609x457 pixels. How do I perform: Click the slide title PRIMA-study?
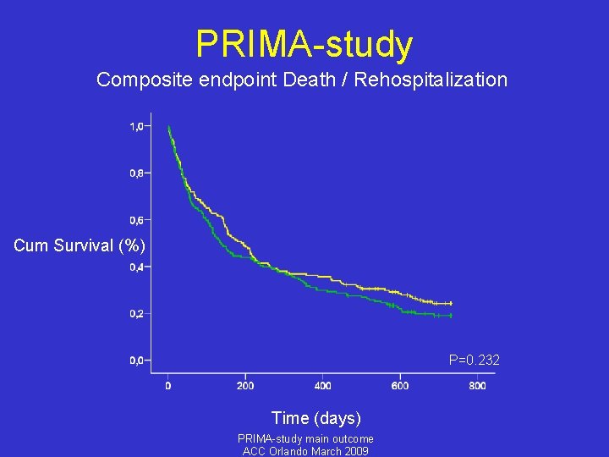[304, 44]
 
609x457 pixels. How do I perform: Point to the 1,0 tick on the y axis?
[136, 126]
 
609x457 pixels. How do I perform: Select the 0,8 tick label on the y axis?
[136, 173]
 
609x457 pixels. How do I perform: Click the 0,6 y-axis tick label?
[136, 220]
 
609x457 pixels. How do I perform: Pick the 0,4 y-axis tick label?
[136, 267]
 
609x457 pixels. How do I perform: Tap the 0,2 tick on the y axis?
[136, 313]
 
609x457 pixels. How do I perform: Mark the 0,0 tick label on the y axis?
[136, 361]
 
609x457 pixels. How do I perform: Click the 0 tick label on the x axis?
[167, 386]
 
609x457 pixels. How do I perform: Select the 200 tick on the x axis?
[244, 386]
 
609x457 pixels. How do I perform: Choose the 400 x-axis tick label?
[322, 386]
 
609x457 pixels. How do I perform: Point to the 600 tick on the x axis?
[400, 386]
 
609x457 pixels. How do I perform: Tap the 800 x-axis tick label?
[477, 386]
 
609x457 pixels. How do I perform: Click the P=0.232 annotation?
[474, 361]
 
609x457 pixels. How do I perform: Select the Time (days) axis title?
[315, 418]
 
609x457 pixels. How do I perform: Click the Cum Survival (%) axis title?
[80, 246]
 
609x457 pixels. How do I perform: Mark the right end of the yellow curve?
[451, 303]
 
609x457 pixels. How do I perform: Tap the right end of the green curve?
[451, 316]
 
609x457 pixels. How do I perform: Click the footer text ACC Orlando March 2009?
[305, 451]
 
